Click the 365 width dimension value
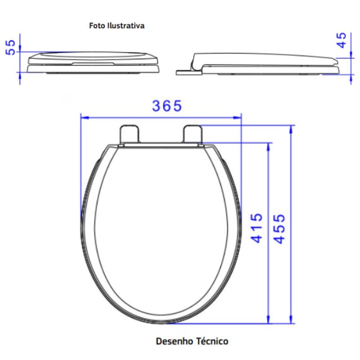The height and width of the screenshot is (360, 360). pyautogui.click(x=167, y=106)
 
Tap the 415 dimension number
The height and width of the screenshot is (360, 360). pyautogui.click(x=256, y=228)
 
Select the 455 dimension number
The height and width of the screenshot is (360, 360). pyautogui.click(x=279, y=229)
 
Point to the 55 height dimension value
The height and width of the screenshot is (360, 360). pyautogui.click(x=10, y=48)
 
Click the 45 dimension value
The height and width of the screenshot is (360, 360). pyautogui.click(x=341, y=40)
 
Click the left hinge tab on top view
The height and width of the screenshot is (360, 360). pyautogui.click(x=130, y=134)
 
